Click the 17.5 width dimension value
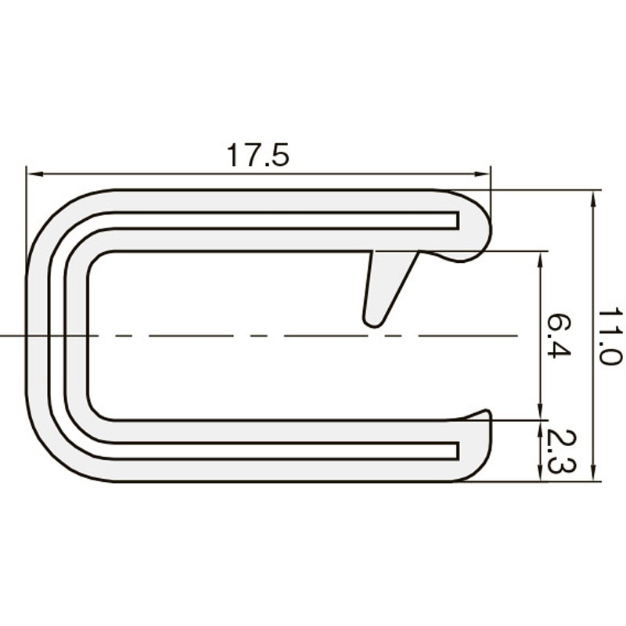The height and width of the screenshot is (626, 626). click(258, 156)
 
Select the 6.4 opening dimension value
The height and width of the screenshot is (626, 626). click(558, 336)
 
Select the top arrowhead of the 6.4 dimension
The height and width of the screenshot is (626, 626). click(541, 258)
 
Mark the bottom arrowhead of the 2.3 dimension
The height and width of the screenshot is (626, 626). click(541, 474)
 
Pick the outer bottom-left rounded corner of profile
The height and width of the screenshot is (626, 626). click(51, 458)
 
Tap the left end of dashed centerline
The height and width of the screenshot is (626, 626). click(3, 336)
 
